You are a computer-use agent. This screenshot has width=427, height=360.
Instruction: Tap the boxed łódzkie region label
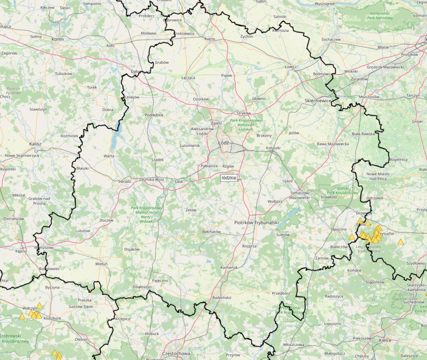(229, 178)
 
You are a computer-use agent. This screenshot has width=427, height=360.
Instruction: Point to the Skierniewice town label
(318, 100)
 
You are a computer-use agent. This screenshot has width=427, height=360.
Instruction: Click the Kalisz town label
(35, 143)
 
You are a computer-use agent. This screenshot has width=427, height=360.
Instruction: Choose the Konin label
(57, 39)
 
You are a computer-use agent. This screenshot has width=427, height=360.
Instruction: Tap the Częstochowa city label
(177, 353)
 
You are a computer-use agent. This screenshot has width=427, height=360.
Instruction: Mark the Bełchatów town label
(212, 232)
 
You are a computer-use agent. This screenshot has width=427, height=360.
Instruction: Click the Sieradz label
(124, 181)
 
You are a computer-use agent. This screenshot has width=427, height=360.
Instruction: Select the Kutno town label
(210, 39)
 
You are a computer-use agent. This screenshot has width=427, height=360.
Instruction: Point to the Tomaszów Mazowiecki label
(299, 195)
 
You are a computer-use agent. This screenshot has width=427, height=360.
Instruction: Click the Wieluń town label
(101, 264)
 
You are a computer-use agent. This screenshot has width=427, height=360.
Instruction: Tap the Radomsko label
(222, 297)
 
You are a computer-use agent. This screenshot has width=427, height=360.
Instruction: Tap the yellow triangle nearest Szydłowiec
(400, 242)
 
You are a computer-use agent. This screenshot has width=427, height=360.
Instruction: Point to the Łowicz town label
(291, 67)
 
